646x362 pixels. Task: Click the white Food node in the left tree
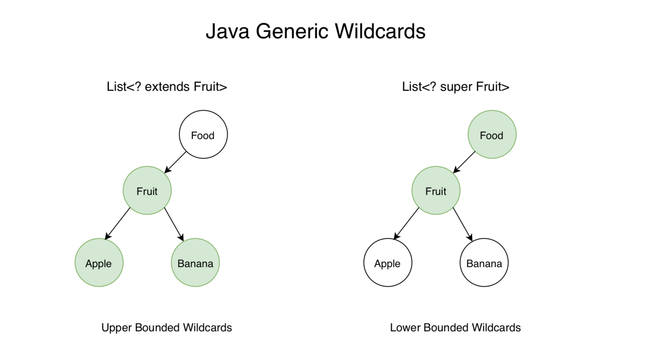(x=203, y=135)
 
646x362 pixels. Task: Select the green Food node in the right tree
(x=492, y=135)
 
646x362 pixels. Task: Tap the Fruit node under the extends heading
(x=147, y=190)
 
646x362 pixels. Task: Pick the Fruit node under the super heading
(x=436, y=190)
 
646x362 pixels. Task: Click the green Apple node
(x=99, y=263)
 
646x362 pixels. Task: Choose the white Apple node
(x=388, y=263)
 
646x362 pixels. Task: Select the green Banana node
(x=195, y=263)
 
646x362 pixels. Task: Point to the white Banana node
(x=484, y=263)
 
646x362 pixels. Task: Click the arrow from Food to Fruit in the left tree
(x=175, y=162)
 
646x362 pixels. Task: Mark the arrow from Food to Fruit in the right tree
(x=464, y=162)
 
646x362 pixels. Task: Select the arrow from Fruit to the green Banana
(x=174, y=224)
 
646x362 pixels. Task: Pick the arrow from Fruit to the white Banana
(x=463, y=224)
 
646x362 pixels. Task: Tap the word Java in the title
(x=227, y=31)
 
